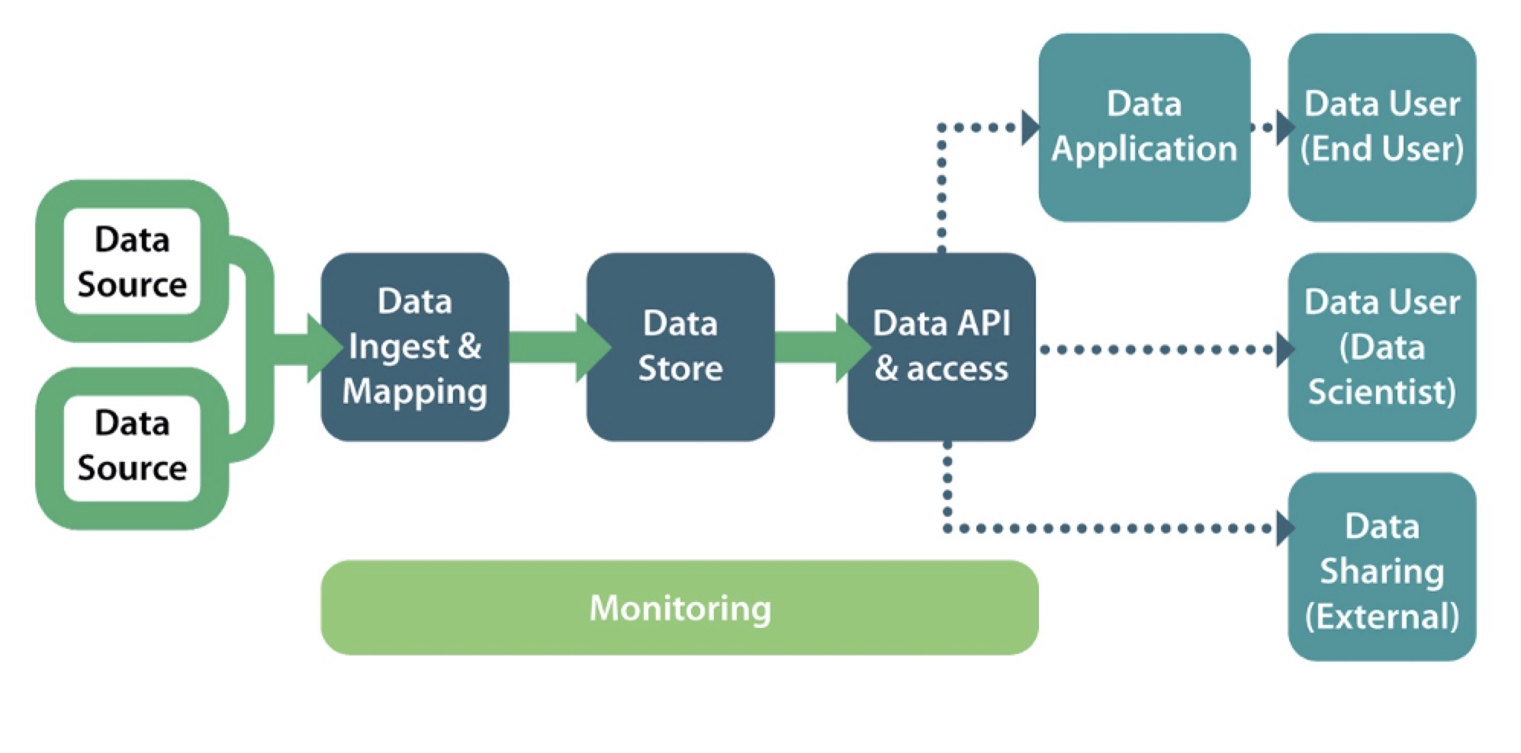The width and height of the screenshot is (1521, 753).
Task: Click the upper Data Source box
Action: coord(132,261)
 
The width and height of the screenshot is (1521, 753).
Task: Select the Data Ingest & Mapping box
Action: coord(414,347)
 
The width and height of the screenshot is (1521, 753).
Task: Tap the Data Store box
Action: coord(680,347)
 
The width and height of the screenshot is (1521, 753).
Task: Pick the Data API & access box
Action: coord(941,347)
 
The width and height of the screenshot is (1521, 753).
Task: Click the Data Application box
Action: coord(1143,127)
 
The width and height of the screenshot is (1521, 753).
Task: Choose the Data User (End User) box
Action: coord(1381,127)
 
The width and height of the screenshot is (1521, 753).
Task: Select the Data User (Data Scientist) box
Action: coord(1381,347)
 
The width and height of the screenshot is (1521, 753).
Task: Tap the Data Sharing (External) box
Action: coord(1381,568)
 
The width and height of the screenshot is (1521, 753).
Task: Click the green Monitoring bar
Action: coord(679,607)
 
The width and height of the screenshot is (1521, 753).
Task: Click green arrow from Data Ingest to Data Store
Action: coord(557,348)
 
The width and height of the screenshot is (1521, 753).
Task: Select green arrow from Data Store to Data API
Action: coord(820,348)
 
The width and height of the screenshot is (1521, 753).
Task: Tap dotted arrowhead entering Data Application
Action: coord(1030,127)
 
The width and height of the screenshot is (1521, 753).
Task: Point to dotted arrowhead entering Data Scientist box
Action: coord(1285,350)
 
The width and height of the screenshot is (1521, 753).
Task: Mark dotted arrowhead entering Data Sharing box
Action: coord(1285,528)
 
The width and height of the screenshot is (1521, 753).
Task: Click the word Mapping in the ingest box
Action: coord(414,392)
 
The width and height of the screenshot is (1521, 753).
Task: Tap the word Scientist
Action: coord(1381,392)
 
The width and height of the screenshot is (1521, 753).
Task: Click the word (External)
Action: coord(1381,616)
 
